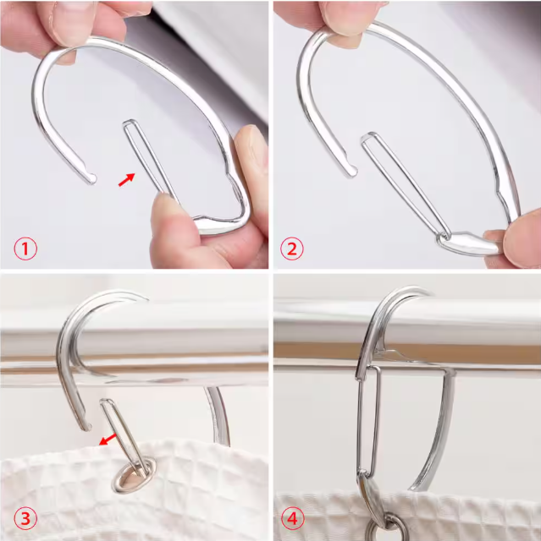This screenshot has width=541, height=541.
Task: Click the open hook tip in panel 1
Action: pos(87,178)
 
